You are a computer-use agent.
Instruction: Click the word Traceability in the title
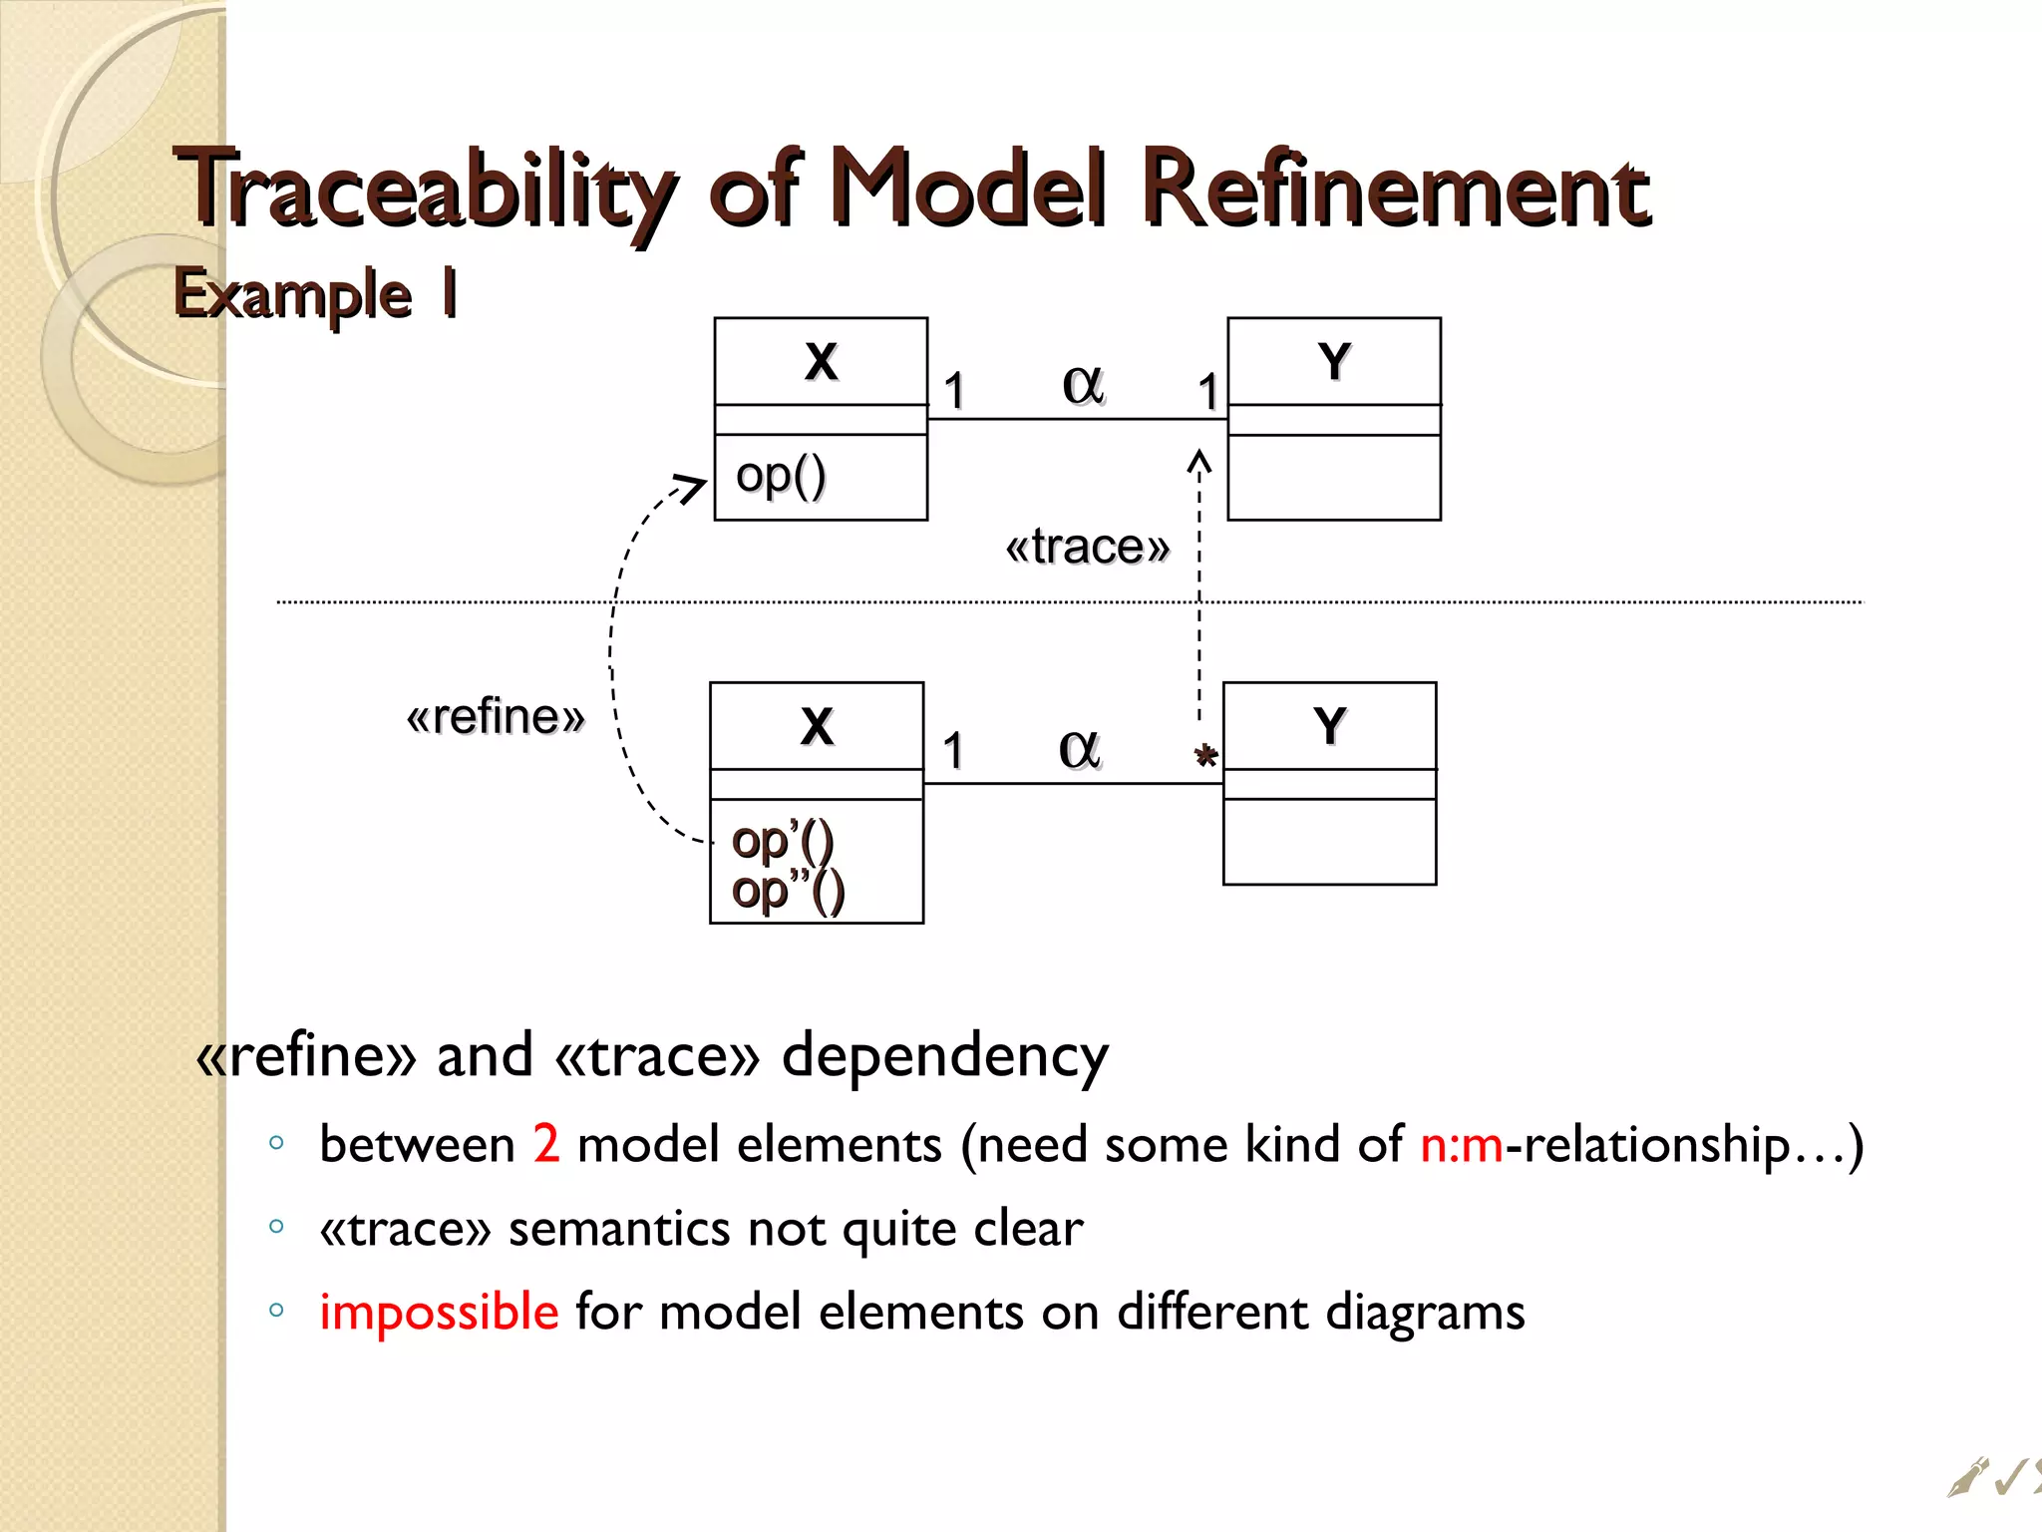click(x=424, y=190)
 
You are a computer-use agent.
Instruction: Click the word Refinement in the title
click(x=1396, y=190)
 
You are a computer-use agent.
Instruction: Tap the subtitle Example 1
click(x=315, y=294)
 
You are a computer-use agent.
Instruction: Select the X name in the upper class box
click(x=821, y=361)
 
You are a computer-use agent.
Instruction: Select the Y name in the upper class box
click(x=1334, y=361)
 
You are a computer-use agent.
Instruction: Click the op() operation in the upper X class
click(x=781, y=476)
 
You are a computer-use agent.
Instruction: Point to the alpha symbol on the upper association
click(x=1083, y=384)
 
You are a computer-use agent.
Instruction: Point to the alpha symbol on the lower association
click(x=1079, y=749)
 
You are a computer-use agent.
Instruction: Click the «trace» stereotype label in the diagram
click(x=1087, y=547)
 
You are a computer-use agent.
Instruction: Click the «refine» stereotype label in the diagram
click(x=495, y=717)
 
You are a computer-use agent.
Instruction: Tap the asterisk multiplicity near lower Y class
click(x=1205, y=757)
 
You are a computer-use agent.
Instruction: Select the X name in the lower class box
click(x=817, y=726)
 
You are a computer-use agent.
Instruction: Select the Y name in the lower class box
click(x=1330, y=726)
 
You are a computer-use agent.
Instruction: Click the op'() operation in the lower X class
click(x=782, y=842)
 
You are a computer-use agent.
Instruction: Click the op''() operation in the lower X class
click(x=788, y=891)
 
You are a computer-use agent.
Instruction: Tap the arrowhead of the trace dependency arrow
click(x=1199, y=461)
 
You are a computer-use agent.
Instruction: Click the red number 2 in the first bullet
click(x=546, y=1144)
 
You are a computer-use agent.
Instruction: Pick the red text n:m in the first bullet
click(x=1461, y=1144)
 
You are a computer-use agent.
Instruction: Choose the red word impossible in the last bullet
click(x=439, y=1312)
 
